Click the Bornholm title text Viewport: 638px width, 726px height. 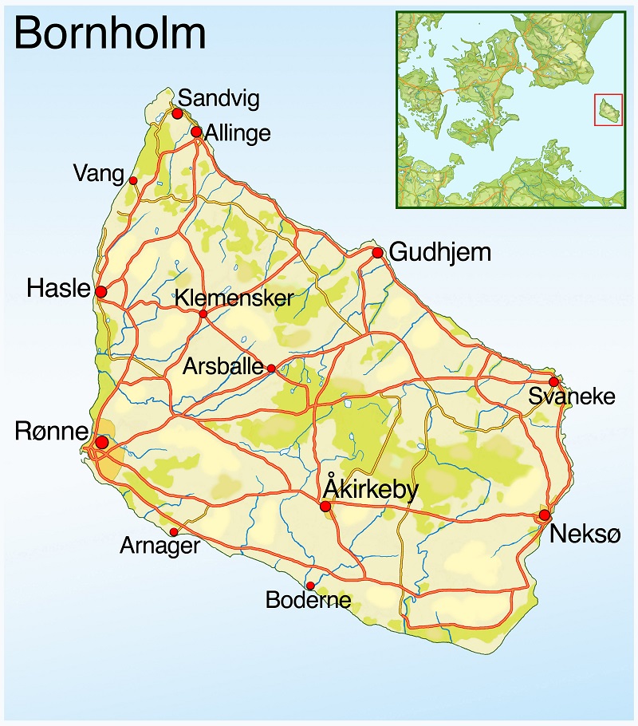[x=110, y=34]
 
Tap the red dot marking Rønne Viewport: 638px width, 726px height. [x=101, y=442]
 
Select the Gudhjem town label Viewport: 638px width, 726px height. [x=440, y=253]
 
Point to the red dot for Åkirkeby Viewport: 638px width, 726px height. [x=325, y=506]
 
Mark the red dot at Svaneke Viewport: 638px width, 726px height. [x=554, y=382]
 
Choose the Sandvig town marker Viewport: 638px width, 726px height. [x=177, y=114]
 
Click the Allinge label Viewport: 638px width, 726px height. [x=238, y=132]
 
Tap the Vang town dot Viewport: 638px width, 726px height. [x=133, y=180]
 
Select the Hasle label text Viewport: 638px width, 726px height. [x=58, y=289]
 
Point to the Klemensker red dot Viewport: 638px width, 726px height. [x=203, y=314]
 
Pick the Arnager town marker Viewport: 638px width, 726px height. [x=174, y=532]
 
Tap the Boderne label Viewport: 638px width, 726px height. [x=308, y=600]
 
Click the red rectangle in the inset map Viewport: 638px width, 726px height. [x=608, y=109]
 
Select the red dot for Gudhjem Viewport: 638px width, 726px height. [x=377, y=253]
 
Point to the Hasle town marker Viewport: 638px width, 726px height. [x=101, y=291]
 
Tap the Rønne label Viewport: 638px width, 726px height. [x=51, y=432]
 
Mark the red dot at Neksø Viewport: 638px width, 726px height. [x=545, y=515]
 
